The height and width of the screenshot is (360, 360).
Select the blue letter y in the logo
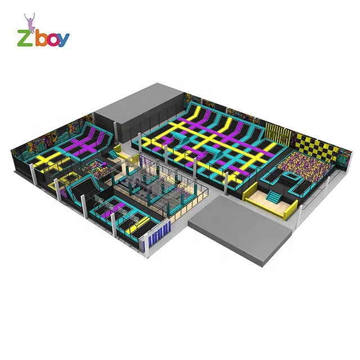tap(63, 40)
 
